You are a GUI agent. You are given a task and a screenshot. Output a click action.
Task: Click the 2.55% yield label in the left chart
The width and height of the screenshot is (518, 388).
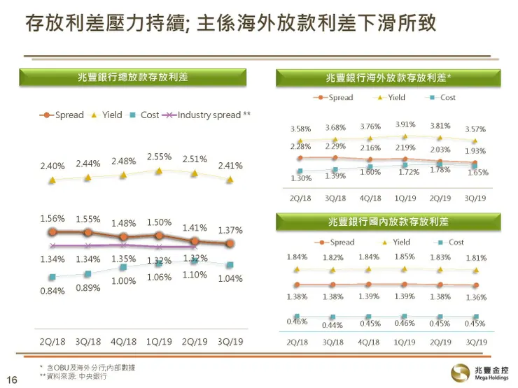(159, 157)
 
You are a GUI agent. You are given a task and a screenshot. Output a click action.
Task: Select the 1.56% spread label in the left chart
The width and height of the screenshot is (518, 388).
(52, 218)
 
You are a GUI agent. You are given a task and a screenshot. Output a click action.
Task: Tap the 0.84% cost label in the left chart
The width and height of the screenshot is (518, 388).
(52, 291)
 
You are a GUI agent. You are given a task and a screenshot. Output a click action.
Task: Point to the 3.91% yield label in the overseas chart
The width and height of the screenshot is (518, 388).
(405, 124)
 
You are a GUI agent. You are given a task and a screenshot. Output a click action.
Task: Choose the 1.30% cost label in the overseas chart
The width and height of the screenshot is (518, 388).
(301, 178)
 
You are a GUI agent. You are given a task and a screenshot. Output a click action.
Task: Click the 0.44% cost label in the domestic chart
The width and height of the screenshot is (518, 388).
(333, 325)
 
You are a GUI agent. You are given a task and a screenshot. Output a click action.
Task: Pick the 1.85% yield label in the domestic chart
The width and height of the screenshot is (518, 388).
(405, 257)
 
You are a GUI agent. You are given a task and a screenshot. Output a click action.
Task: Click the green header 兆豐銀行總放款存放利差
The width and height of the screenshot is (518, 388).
(132, 78)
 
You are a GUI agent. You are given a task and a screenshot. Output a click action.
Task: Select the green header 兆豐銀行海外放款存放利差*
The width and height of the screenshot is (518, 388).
(388, 78)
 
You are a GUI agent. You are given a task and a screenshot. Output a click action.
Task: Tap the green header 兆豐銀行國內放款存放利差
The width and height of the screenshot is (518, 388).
(388, 222)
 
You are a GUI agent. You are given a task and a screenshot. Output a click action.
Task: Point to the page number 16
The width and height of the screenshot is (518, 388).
(12, 379)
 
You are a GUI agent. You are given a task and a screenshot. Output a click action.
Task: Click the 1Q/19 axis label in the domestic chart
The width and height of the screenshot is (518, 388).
(405, 343)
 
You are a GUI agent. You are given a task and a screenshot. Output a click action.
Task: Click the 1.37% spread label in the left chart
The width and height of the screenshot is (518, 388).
(230, 230)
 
